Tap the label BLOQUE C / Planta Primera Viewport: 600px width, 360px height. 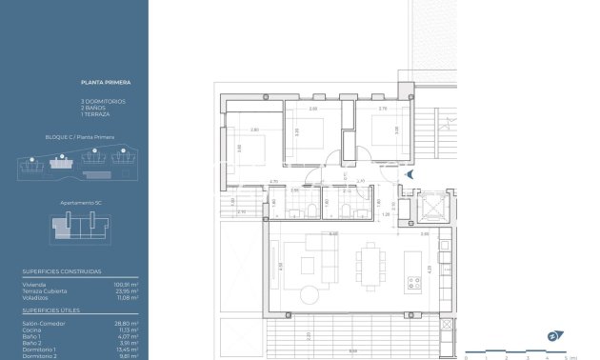pos(79,137)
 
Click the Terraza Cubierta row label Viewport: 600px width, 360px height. pos(45,290)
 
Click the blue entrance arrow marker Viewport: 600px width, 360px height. pos(409,175)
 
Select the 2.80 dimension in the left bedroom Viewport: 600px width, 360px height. pos(254,130)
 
